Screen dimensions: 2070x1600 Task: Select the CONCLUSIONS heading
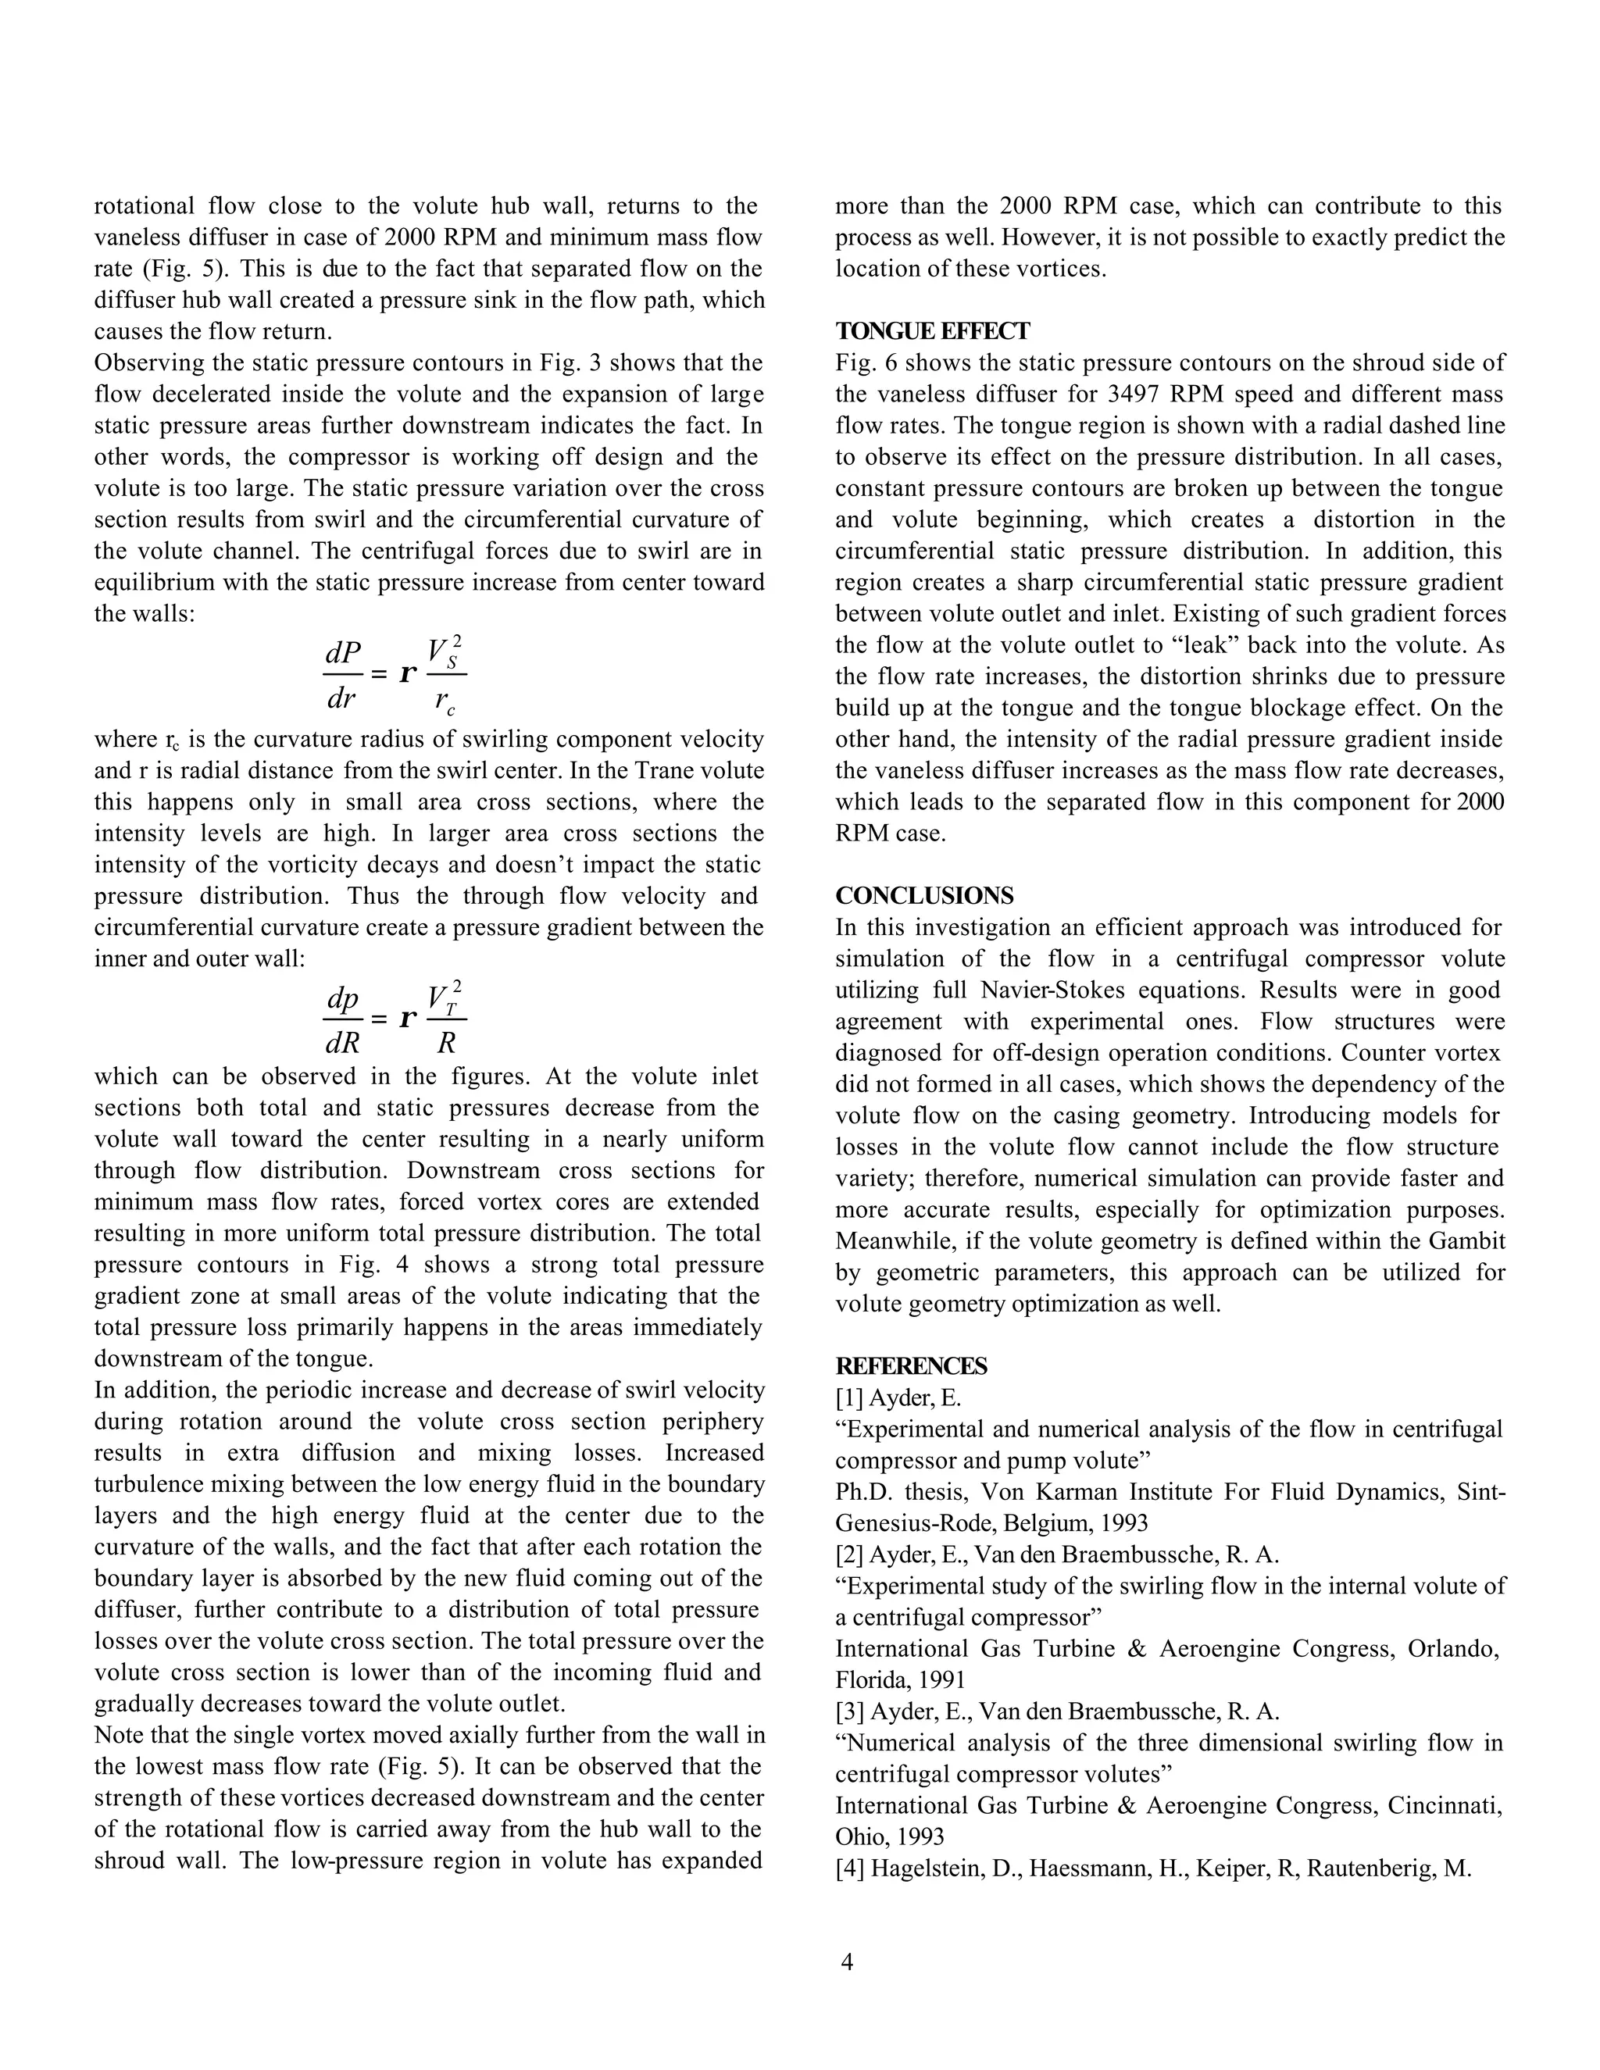click(924, 896)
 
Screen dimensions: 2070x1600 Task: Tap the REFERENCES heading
click(911, 1365)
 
